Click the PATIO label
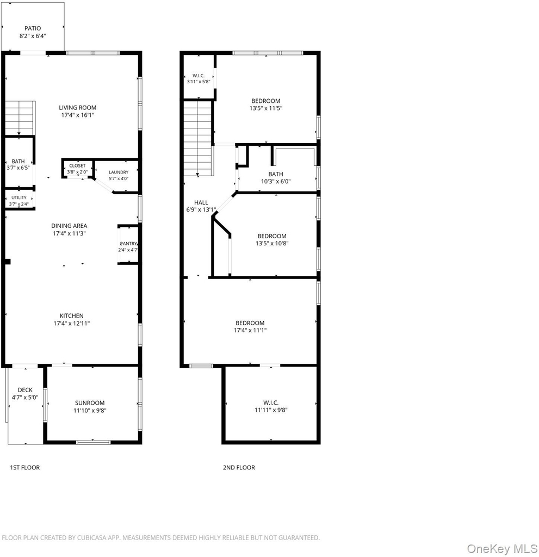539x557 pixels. (33, 28)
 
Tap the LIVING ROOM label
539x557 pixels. (77, 108)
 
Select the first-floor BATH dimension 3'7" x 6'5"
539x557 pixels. (18, 168)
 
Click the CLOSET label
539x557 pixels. (77, 166)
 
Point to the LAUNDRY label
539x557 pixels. (119, 172)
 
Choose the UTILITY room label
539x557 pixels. (19, 197)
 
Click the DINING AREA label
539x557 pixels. (69, 226)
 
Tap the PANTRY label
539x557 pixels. (128, 244)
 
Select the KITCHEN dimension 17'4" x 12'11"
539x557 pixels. (72, 323)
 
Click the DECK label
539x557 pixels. (25, 390)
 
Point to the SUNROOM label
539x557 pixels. (90, 403)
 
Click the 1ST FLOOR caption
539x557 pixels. (25, 467)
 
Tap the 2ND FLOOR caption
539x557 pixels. (239, 467)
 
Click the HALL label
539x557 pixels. (201, 202)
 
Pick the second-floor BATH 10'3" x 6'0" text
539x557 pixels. (276, 178)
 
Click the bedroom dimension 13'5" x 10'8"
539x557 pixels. (272, 243)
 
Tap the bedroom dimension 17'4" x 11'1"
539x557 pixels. (250, 330)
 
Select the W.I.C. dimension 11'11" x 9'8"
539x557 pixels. (271, 410)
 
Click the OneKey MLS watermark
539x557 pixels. (503, 549)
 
